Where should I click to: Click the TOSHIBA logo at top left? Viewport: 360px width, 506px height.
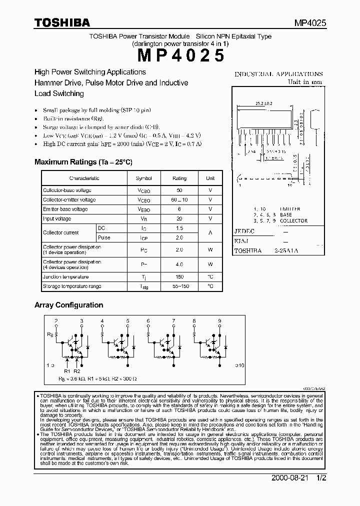click(x=62, y=22)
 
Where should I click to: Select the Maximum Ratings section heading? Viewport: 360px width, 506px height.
click(x=83, y=162)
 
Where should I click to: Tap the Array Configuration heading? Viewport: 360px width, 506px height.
click(x=68, y=305)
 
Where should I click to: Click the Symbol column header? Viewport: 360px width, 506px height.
click(x=143, y=178)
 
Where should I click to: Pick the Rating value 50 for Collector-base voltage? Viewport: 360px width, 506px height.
click(x=179, y=190)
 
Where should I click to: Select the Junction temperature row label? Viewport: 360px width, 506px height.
click(x=65, y=277)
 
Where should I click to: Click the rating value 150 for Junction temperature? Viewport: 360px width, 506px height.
click(x=179, y=277)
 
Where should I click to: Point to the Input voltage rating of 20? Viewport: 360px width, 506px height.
click(x=179, y=218)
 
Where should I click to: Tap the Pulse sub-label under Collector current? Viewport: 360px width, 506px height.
click(x=104, y=237)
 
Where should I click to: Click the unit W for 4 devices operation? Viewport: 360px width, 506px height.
click(x=210, y=264)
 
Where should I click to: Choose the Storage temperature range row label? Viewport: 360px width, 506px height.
click(x=72, y=286)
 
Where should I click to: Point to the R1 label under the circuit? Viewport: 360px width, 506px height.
click(x=67, y=371)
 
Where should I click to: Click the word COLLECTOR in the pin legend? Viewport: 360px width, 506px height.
click(x=293, y=220)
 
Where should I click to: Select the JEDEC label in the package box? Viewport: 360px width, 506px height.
click(x=244, y=231)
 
